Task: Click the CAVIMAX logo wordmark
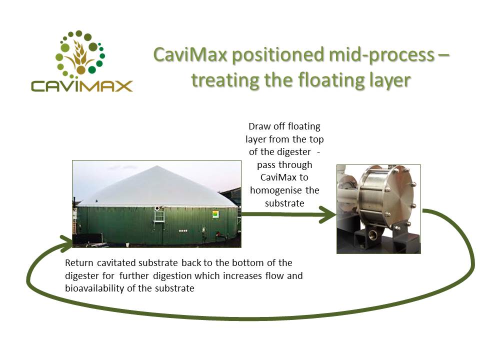(81, 86)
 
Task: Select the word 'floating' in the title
(331, 80)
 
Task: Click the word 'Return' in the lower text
(79, 262)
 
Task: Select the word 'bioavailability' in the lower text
(94, 288)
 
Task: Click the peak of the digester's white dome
(157, 166)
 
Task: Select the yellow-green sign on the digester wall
(216, 214)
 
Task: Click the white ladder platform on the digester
(159, 216)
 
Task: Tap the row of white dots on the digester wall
(183, 230)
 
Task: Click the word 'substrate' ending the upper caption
(284, 203)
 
